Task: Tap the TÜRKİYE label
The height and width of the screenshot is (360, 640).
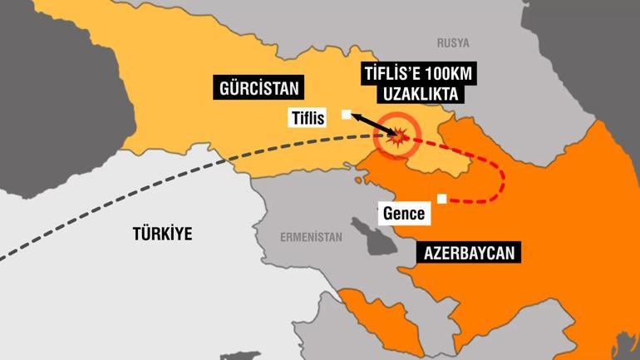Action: (161, 234)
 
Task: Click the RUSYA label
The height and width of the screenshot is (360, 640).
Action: (453, 42)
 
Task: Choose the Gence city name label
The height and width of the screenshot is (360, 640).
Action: (405, 213)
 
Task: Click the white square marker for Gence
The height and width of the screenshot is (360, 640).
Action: (441, 198)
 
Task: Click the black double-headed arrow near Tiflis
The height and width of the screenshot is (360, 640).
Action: (372, 125)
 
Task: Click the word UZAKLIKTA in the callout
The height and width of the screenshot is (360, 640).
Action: (402, 96)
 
